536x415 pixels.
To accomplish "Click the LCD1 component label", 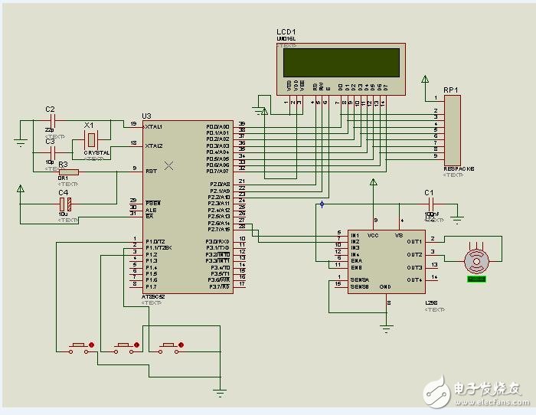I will [x=287, y=33].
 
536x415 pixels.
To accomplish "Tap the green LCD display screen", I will [x=339, y=62].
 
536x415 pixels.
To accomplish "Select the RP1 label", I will [x=450, y=90].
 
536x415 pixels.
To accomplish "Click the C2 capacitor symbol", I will [x=53, y=120].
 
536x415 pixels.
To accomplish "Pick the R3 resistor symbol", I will [x=68, y=172].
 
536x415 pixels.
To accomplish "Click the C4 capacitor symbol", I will [x=67, y=204].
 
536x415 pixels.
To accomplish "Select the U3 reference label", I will [x=147, y=116].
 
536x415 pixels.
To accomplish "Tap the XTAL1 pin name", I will [x=154, y=126].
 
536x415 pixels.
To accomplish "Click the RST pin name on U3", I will [x=151, y=171].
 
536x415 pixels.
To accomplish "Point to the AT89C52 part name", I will [x=155, y=296].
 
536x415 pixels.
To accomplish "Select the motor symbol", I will [x=477, y=261].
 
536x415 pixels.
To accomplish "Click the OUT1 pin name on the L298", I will [x=414, y=240].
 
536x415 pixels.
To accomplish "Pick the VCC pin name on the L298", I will [x=373, y=235].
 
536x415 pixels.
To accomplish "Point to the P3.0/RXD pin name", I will [x=217, y=241].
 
